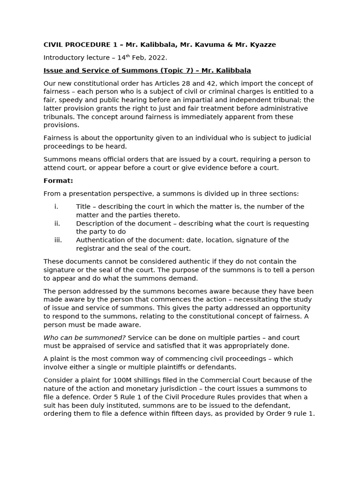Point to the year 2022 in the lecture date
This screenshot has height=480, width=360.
coord(158,58)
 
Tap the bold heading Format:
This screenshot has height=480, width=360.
coord(58,180)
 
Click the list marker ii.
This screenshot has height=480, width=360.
coord(57,223)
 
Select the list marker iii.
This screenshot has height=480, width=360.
coord(58,240)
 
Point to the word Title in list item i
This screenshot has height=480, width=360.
coord(83,206)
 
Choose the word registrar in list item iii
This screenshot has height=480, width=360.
coord(90,248)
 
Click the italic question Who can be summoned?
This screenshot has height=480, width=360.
coord(84,337)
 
